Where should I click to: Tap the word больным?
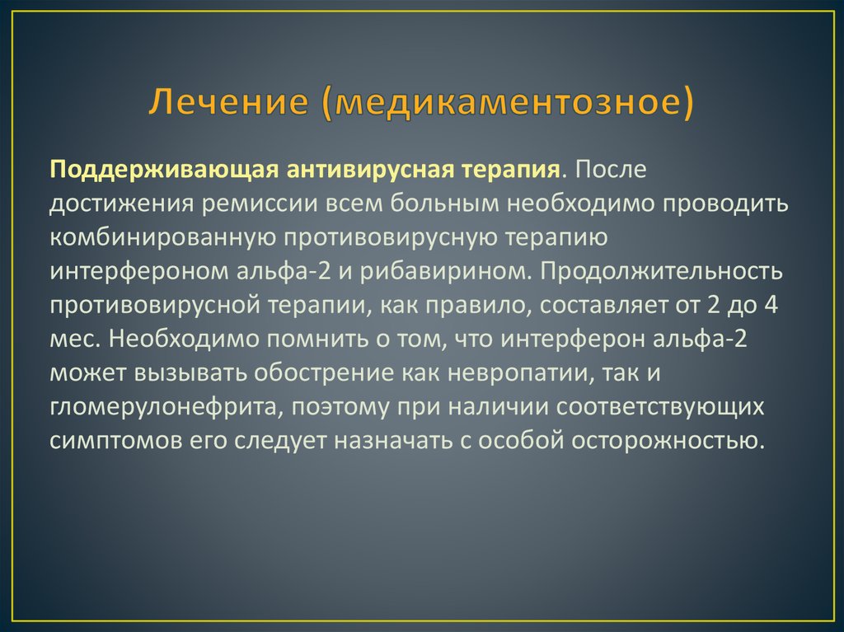(455, 204)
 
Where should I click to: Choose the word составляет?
(611, 305)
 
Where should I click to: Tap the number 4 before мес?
(771, 305)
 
